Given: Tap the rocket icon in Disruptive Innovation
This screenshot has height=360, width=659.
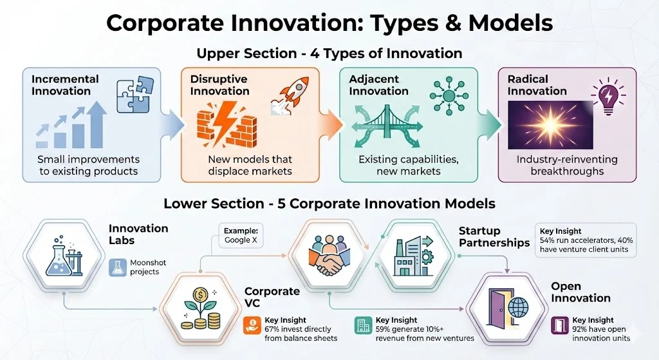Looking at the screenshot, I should [293, 92].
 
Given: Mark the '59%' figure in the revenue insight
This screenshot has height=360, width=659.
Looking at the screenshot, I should [384, 329].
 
